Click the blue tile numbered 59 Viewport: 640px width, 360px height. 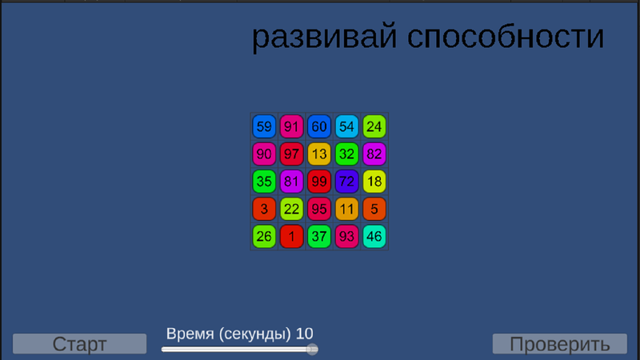click(264, 126)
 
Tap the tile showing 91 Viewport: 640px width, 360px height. click(291, 126)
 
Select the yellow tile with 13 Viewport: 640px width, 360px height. click(319, 154)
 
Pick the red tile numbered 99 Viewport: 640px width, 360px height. click(319, 182)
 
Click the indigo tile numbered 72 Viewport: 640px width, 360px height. click(346, 182)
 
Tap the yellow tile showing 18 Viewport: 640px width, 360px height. click(374, 182)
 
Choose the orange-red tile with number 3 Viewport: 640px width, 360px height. click(264, 209)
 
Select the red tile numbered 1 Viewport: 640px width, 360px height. click(291, 236)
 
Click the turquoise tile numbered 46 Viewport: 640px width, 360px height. click(374, 236)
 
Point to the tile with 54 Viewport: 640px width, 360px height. click(346, 126)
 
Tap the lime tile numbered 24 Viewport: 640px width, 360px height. click(374, 126)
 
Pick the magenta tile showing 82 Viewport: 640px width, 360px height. click(374, 154)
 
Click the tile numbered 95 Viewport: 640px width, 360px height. click(319, 209)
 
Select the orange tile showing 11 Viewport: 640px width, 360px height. click(346, 209)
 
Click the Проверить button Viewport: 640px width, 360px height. click(559, 344)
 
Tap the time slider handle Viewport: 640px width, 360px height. click(312, 350)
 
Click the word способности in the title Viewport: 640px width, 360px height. click(506, 37)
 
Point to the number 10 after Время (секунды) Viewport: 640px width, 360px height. click(305, 334)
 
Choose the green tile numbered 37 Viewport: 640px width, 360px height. click(319, 236)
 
